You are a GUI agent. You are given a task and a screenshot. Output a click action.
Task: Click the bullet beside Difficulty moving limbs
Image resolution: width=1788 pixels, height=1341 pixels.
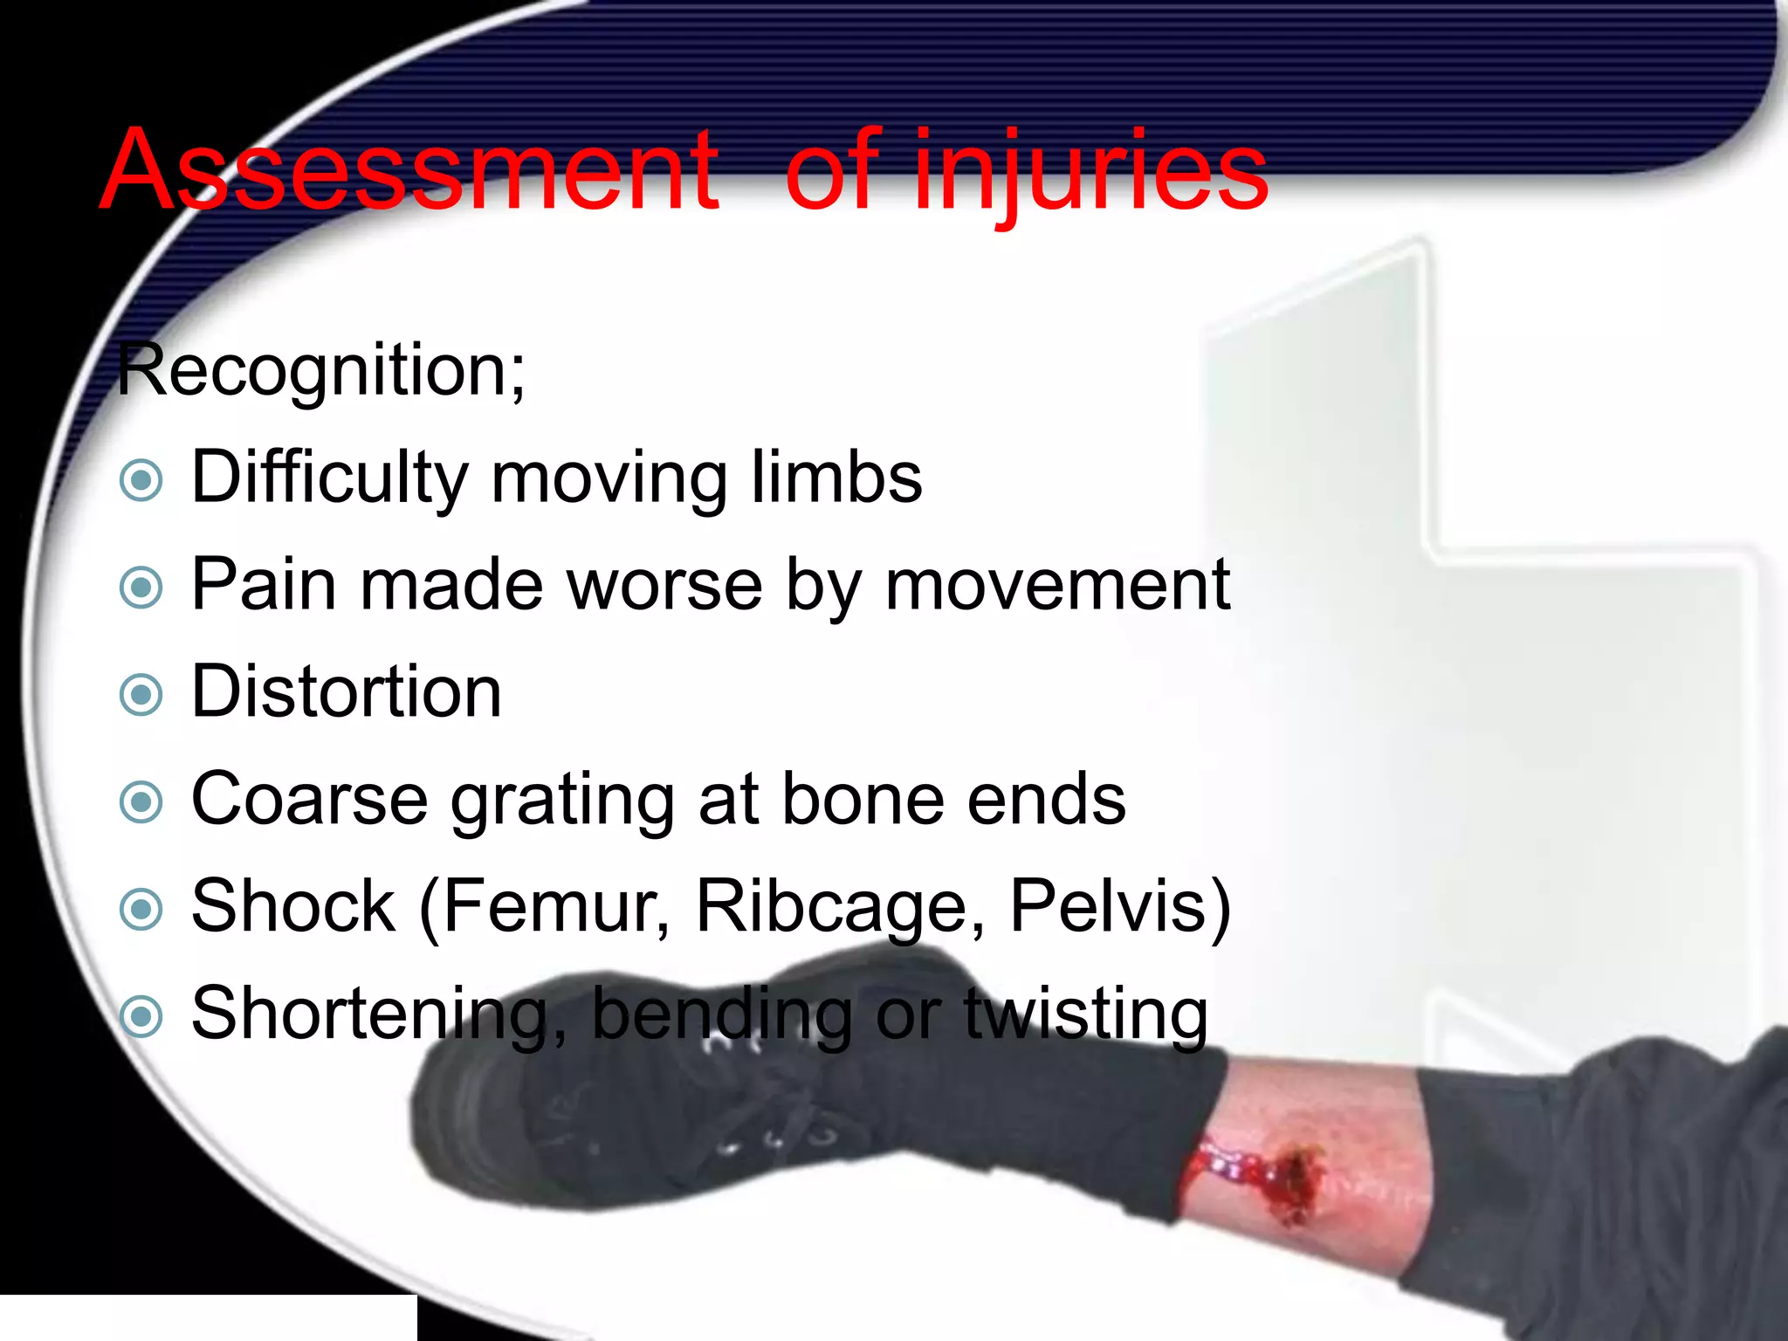141,480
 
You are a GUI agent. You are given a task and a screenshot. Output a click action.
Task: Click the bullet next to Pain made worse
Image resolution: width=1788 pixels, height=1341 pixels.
141,588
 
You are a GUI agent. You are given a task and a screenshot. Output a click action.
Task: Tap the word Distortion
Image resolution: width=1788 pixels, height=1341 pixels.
347,692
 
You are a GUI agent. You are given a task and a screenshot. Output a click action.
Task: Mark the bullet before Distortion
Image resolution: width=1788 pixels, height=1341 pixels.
141,695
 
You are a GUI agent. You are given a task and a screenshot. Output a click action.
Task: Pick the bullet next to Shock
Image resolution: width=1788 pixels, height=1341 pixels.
141,909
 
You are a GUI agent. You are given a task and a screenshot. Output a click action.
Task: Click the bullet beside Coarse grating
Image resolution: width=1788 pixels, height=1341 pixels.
141,802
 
